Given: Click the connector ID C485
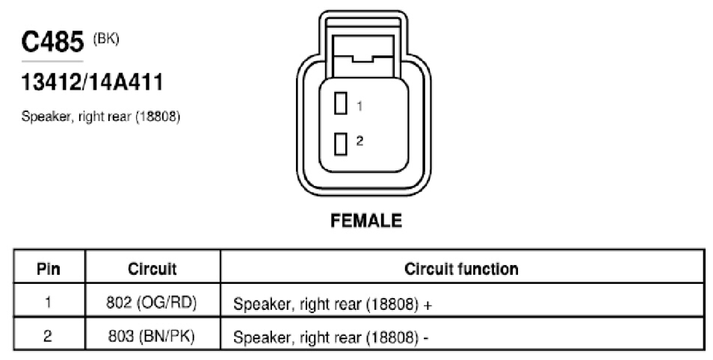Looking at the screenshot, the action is coord(53,42).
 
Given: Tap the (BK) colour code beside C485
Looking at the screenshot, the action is coord(106,39).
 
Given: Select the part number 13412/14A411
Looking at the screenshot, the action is coord(93,83).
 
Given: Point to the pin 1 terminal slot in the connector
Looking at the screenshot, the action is coord(341,103).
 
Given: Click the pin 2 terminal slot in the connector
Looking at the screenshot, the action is coord(341,144).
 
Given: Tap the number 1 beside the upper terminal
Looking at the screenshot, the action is coord(359,106).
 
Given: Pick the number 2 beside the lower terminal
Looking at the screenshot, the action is coord(359,141).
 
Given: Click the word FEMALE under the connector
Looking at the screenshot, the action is coord(366,221).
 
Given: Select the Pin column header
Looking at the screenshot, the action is coord(49,269).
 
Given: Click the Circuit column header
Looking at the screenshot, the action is coord(152,269).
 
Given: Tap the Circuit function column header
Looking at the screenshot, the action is coord(461,269).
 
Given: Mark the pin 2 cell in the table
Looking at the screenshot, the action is coord(48,336).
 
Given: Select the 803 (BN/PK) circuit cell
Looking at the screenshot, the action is coord(152,336).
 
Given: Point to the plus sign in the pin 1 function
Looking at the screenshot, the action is coord(427,305).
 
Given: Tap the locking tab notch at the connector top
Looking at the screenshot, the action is coord(362,59).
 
